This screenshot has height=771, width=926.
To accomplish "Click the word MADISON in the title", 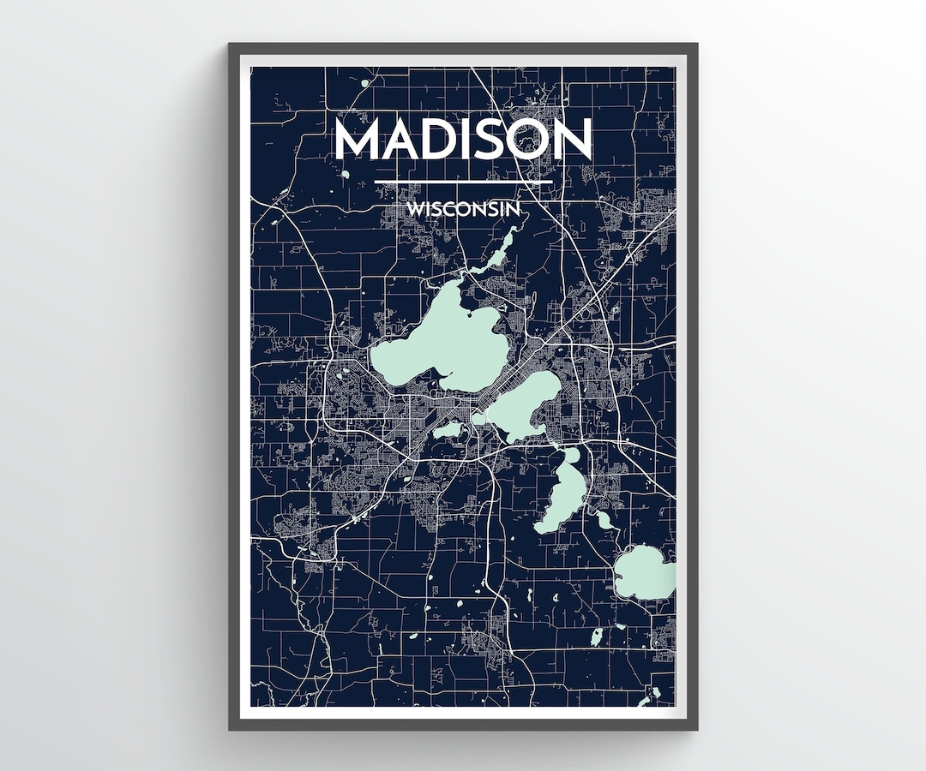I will [x=463, y=139].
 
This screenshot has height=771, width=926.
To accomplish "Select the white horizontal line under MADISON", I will [x=463, y=182].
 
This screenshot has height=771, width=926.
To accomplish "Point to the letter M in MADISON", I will [x=358, y=139].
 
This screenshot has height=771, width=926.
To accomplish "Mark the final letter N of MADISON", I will [x=574, y=139].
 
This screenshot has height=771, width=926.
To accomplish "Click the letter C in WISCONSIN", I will [x=457, y=208].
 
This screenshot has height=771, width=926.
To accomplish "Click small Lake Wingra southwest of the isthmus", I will [x=448, y=429].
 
